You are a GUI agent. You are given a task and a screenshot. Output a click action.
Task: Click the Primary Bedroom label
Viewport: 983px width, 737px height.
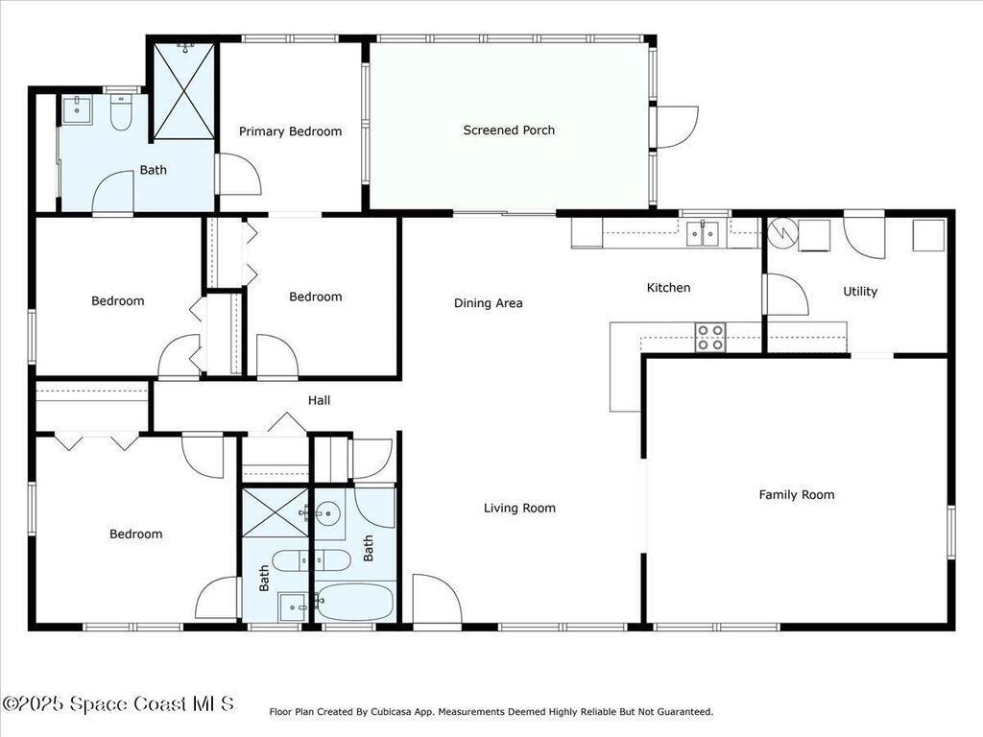pos(290,131)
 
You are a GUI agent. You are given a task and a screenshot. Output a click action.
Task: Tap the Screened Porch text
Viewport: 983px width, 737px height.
pos(509,131)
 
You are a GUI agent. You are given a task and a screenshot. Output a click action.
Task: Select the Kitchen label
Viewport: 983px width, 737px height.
pos(668,288)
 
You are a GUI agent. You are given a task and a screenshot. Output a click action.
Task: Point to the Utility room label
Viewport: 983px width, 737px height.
pos(859,292)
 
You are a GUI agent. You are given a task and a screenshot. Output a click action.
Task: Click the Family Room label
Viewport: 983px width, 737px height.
pos(797,495)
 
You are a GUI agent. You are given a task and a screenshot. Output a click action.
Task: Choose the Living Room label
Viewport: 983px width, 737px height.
pos(519,509)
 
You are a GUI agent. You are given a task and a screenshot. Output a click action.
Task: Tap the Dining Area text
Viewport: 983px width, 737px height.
pos(488,303)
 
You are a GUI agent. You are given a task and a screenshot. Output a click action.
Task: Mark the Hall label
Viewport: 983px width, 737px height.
pos(319,400)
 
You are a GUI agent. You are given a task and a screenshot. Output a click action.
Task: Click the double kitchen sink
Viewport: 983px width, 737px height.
pos(702,233)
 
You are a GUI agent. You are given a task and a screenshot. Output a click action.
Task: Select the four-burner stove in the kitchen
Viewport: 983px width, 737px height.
pos(710,337)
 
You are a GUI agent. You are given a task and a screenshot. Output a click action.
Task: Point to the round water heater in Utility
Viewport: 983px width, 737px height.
pos(781,232)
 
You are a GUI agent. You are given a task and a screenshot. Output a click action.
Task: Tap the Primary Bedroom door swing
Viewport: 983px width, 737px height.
pos(238,175)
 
